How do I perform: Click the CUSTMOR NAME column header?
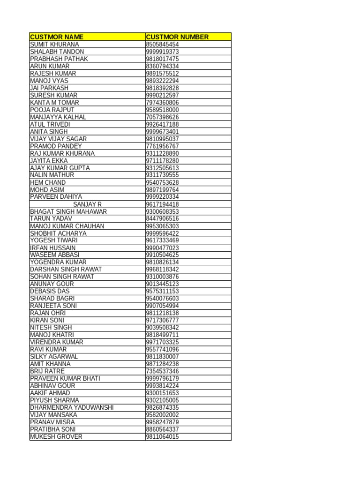coord(57,37)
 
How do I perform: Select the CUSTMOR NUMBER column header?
coord(177,37)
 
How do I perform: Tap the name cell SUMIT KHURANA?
coord(54,45)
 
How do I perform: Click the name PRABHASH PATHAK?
coord(59,59)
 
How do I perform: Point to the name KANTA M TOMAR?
coord(54,103)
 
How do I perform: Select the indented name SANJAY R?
coord(87,204)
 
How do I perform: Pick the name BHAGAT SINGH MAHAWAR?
coord(68,211)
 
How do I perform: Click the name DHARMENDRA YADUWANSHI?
coord(72,407)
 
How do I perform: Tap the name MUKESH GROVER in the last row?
coord(56,436)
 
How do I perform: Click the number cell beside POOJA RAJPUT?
coord(162,110)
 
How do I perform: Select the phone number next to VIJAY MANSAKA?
coord(162,415)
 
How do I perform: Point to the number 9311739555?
coord(162,175)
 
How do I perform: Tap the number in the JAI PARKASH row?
coord(162,88)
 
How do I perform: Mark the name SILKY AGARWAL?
coord(54,357)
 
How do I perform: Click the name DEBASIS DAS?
coord(50,291)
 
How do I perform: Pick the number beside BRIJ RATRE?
coord(162,371)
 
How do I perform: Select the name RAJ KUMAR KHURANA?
coord(62,153)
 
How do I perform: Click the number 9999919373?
coord(162,52)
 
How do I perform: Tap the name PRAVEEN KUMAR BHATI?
coord(65,378)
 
